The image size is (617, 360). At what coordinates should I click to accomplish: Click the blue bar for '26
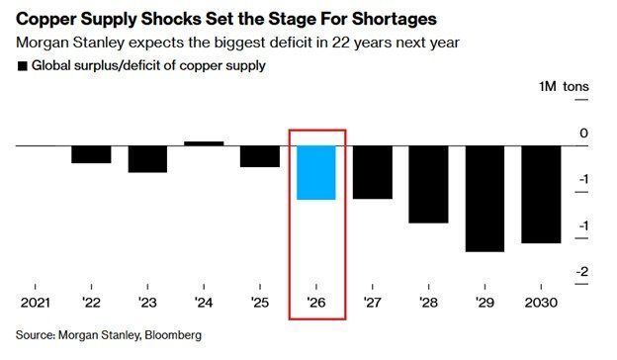(x=316, y=172)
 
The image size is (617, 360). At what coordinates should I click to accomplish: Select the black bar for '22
(x=91, y=154)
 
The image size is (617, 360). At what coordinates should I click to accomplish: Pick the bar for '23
(x=147, y=159)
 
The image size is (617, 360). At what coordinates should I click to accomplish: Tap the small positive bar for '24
(x=204, y=143)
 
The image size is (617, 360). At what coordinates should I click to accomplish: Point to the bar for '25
(x=260, y=156)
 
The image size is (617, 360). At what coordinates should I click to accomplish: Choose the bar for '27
(x=373, y=172)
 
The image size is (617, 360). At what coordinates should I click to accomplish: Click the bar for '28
(x=429, y=184)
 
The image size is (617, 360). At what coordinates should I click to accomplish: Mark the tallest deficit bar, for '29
(x=485, y=199)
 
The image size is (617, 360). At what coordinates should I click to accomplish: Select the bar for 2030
(x=541, y=194)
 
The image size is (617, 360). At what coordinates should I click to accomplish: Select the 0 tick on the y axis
(x=583, y=134)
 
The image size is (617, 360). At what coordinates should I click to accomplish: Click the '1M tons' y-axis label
(x=563, y=87)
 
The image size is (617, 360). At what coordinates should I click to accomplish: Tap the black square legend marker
(x=22, y=66)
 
